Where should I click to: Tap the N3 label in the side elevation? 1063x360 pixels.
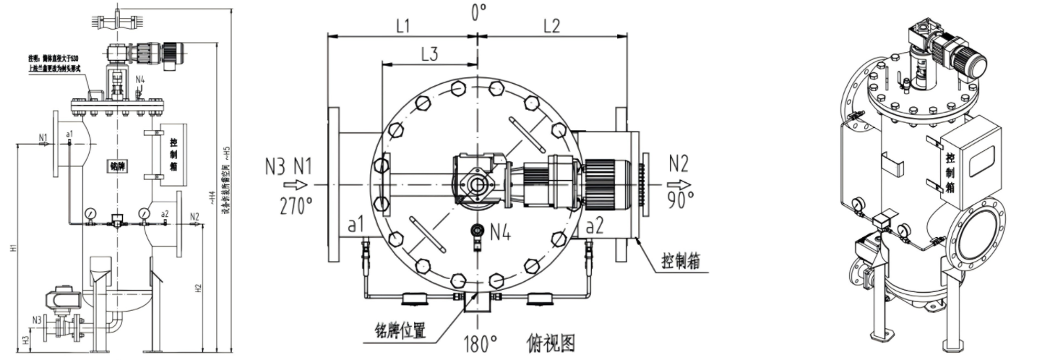click(x=36, y=319)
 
